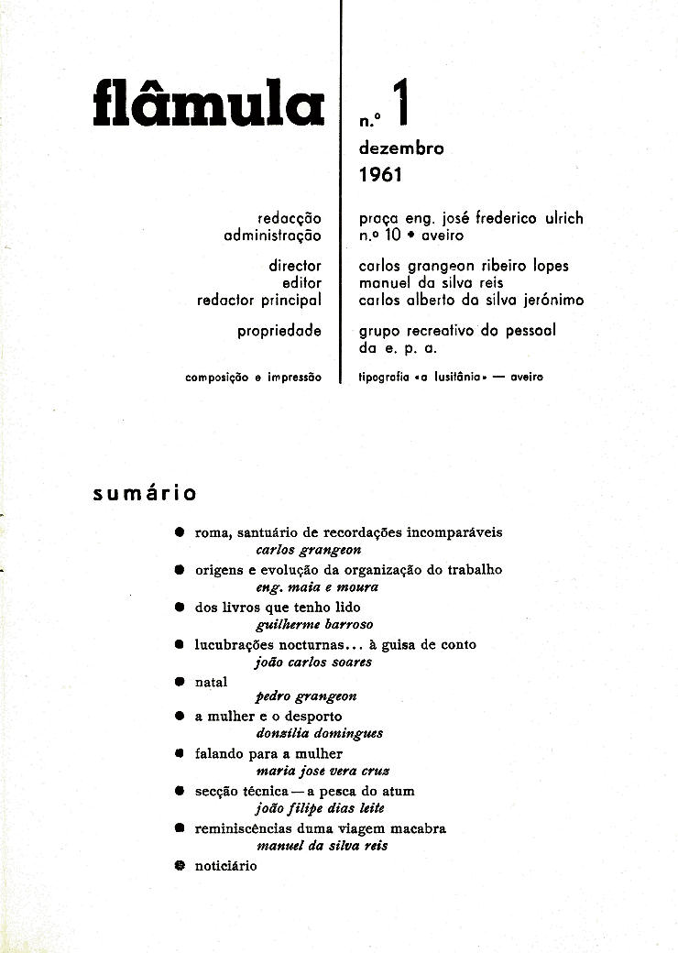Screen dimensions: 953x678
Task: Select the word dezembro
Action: pos(401,148)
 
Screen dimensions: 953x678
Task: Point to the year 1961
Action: pos(381,174)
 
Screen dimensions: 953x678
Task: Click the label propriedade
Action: pos(279,331)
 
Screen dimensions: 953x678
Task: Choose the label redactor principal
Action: pos(259,300)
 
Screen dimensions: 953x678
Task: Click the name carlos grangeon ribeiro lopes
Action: pos(464,266)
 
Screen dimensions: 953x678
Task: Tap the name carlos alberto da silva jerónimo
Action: pos(471,300)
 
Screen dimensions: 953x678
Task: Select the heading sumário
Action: pos(145,494)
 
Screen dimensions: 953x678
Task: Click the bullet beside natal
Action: pos(180,682)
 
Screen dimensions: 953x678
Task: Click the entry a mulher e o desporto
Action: pos(268,716)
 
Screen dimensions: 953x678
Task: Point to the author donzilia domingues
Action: pos(320,733)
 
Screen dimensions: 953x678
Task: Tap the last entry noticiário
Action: pos(225,865)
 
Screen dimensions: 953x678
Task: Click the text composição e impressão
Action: pos(253,377)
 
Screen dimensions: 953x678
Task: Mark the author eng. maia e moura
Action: pos(318,586)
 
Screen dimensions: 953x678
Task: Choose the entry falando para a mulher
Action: pos(268,753)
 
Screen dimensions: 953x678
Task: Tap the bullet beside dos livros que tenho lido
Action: pos(180,607)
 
